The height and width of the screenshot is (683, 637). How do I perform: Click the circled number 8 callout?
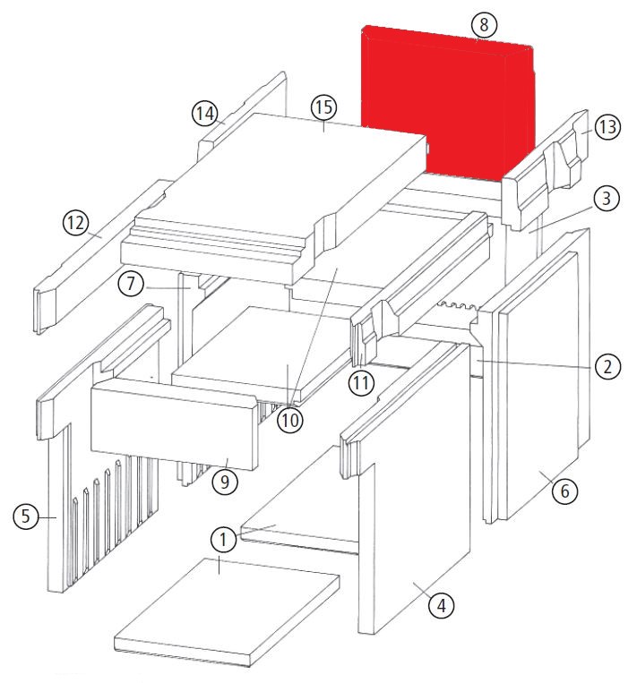484,24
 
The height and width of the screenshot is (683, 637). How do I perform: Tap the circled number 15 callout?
324,107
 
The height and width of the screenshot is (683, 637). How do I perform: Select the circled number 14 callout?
205,114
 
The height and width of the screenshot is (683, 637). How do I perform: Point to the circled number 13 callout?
607,127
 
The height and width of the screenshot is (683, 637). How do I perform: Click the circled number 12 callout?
76,223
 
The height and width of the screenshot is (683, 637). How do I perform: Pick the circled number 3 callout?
607,199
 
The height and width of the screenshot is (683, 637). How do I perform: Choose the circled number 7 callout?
131,284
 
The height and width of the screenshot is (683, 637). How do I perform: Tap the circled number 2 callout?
607,367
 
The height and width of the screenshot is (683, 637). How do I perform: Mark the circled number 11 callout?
361,383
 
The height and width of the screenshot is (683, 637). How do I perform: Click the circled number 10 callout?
290,421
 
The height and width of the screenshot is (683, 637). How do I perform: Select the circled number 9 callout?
225,482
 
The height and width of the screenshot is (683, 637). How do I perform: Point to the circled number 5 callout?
26,517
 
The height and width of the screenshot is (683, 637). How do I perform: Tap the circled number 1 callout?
223,540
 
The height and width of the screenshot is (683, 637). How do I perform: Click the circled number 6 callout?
564,491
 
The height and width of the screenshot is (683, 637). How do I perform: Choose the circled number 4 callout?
441,605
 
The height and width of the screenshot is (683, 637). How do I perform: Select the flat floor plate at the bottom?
227,612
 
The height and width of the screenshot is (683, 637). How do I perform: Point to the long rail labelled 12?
100,257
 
